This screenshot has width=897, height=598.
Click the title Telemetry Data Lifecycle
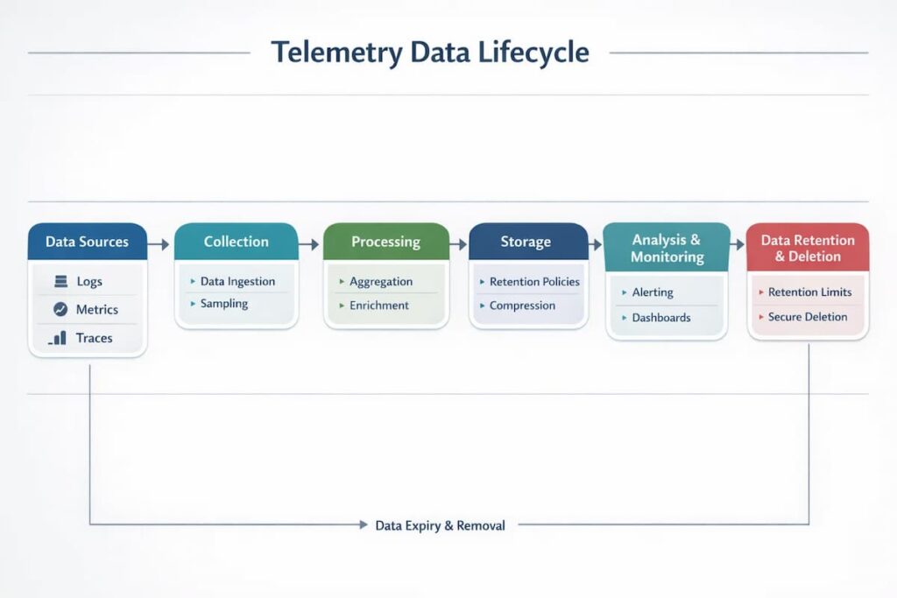click(429, 52)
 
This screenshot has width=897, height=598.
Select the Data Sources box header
click(87, 242)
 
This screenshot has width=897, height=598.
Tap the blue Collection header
click(237, 242)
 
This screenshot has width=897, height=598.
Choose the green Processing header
click(385, 242)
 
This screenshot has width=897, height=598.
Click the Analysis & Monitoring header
click(667, 248)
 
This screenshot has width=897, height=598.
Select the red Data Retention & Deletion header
click(807, 248)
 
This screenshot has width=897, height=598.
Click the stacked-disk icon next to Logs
click(60, 281)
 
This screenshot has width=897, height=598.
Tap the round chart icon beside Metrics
click(60, 309)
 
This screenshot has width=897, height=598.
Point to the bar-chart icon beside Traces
click(59, 337)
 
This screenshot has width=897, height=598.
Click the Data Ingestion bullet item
click(237, 281)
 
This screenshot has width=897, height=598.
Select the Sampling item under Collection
click(224, 304)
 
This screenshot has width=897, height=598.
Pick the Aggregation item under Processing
click(381, 281)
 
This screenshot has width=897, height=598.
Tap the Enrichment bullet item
click(379, 306)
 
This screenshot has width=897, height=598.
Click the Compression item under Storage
click(522, 306)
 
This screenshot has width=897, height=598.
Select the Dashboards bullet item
click(661, 318)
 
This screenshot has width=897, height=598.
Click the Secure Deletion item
click(808, 317)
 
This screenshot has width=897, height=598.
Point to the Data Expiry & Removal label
click(440, 525)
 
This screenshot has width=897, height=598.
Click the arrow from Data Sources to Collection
click(159, 245)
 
